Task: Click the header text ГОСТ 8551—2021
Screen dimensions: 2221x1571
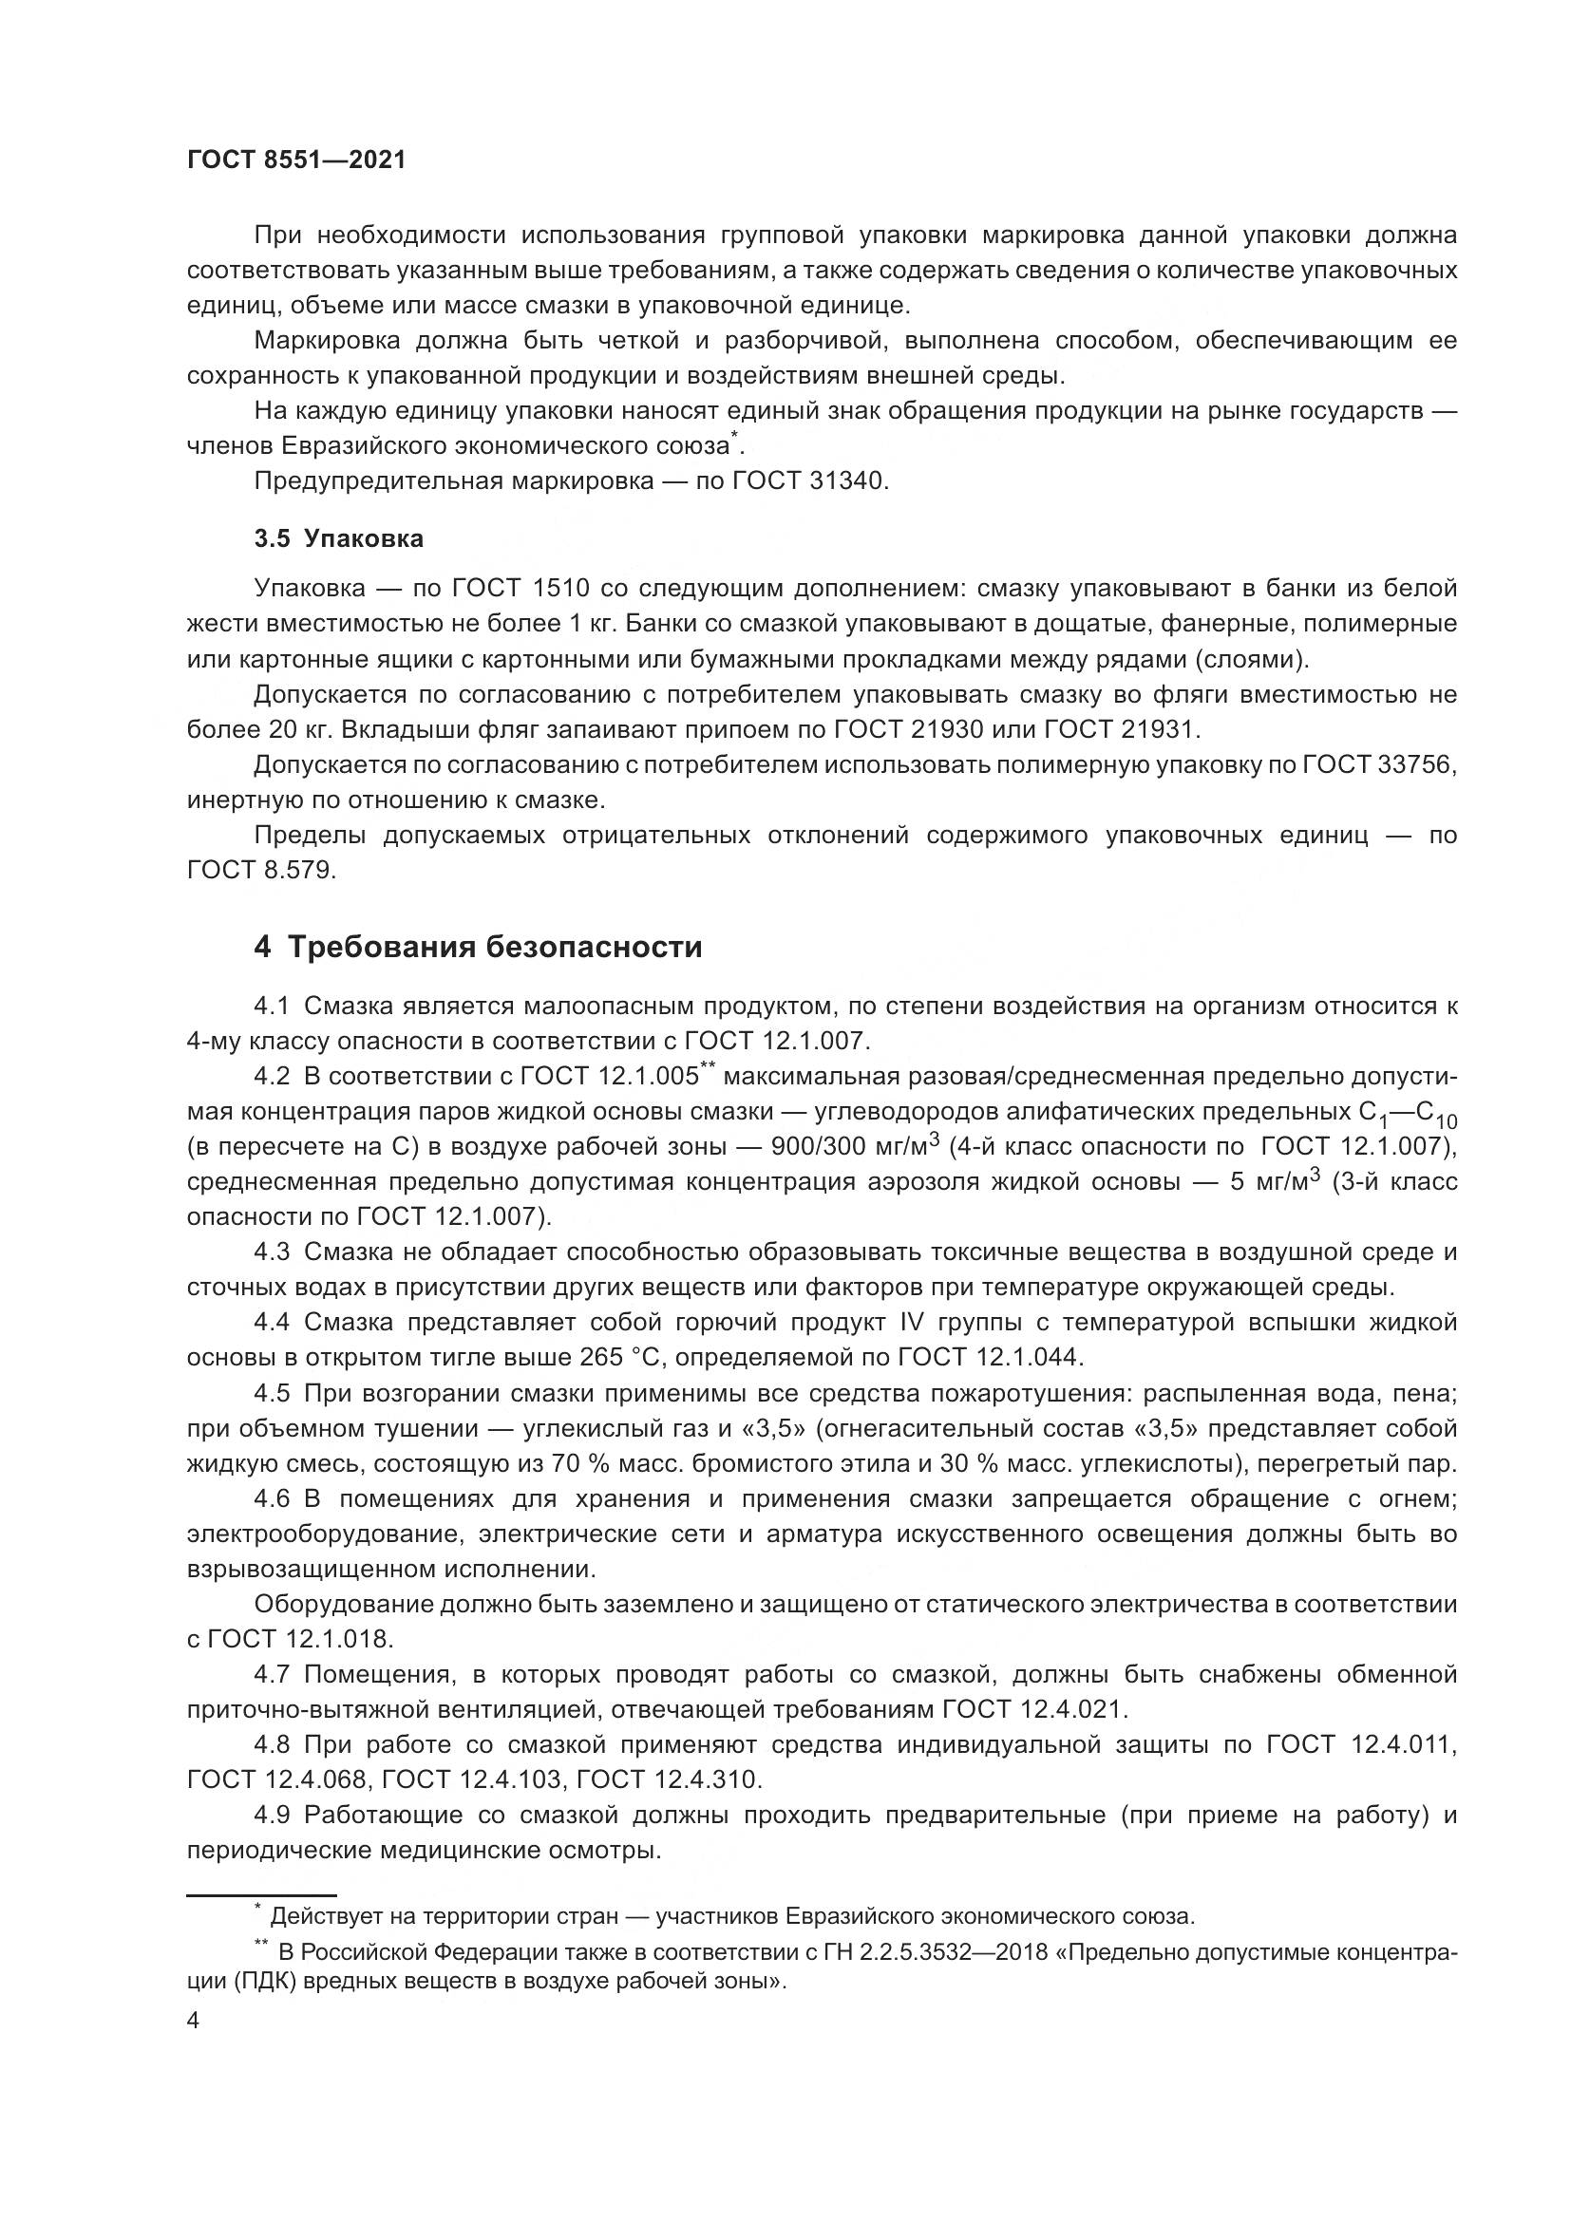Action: tap(296, 160)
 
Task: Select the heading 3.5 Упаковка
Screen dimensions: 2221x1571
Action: tap(338, 538)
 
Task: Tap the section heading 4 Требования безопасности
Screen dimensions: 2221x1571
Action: tap(478, 946)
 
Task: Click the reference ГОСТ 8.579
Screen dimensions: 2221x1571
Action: tap(260, 870)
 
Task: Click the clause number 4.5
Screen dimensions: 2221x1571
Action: tap(272, 1393)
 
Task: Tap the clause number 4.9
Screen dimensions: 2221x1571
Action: tap(272, 1815)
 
